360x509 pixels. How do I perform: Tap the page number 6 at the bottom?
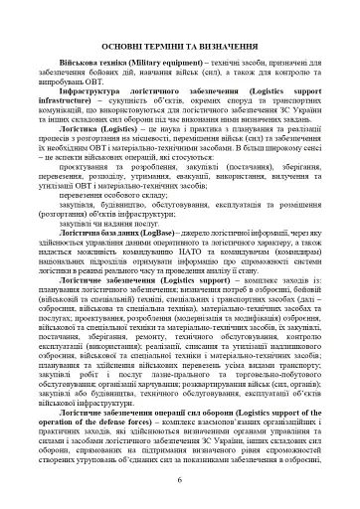(x=179, y=482)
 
